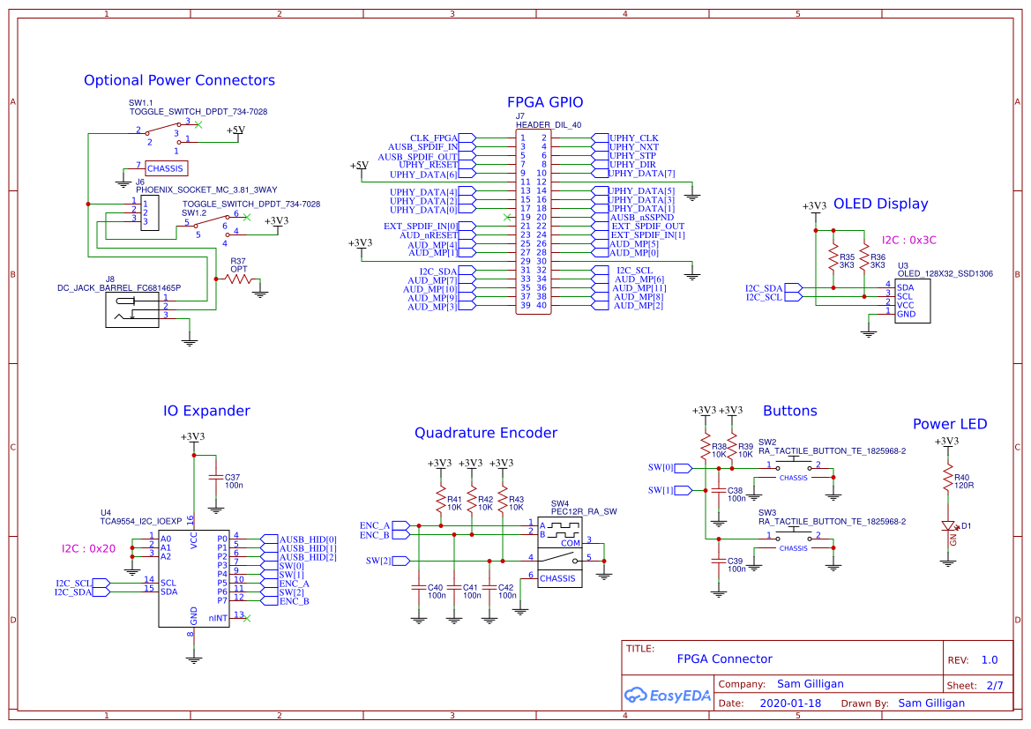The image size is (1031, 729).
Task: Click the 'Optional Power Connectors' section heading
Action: [x=179, y=80]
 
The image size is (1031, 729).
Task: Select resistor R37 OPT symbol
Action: [x=238, y=279]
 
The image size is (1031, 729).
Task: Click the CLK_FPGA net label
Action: [x=433, y=138]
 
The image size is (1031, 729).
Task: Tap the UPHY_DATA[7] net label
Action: [x=642, y=174]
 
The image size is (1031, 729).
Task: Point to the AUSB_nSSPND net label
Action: [x=642, y=217]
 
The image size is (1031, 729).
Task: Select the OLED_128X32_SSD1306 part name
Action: [x=945, y=274]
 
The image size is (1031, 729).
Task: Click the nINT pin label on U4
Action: [x=218, y=619]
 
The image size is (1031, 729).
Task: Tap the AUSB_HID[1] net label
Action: [x=308, y=548]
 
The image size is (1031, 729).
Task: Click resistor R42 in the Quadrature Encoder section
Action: [x=472, y=502]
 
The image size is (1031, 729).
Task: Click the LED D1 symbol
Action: [x=948, y=526]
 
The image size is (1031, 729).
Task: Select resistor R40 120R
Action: [x=948, y=480]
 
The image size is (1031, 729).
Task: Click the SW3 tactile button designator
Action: [x=767, y=512]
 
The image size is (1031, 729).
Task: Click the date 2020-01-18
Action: [x=789, y=703]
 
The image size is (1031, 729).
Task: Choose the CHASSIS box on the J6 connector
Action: [x=165, y=167]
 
